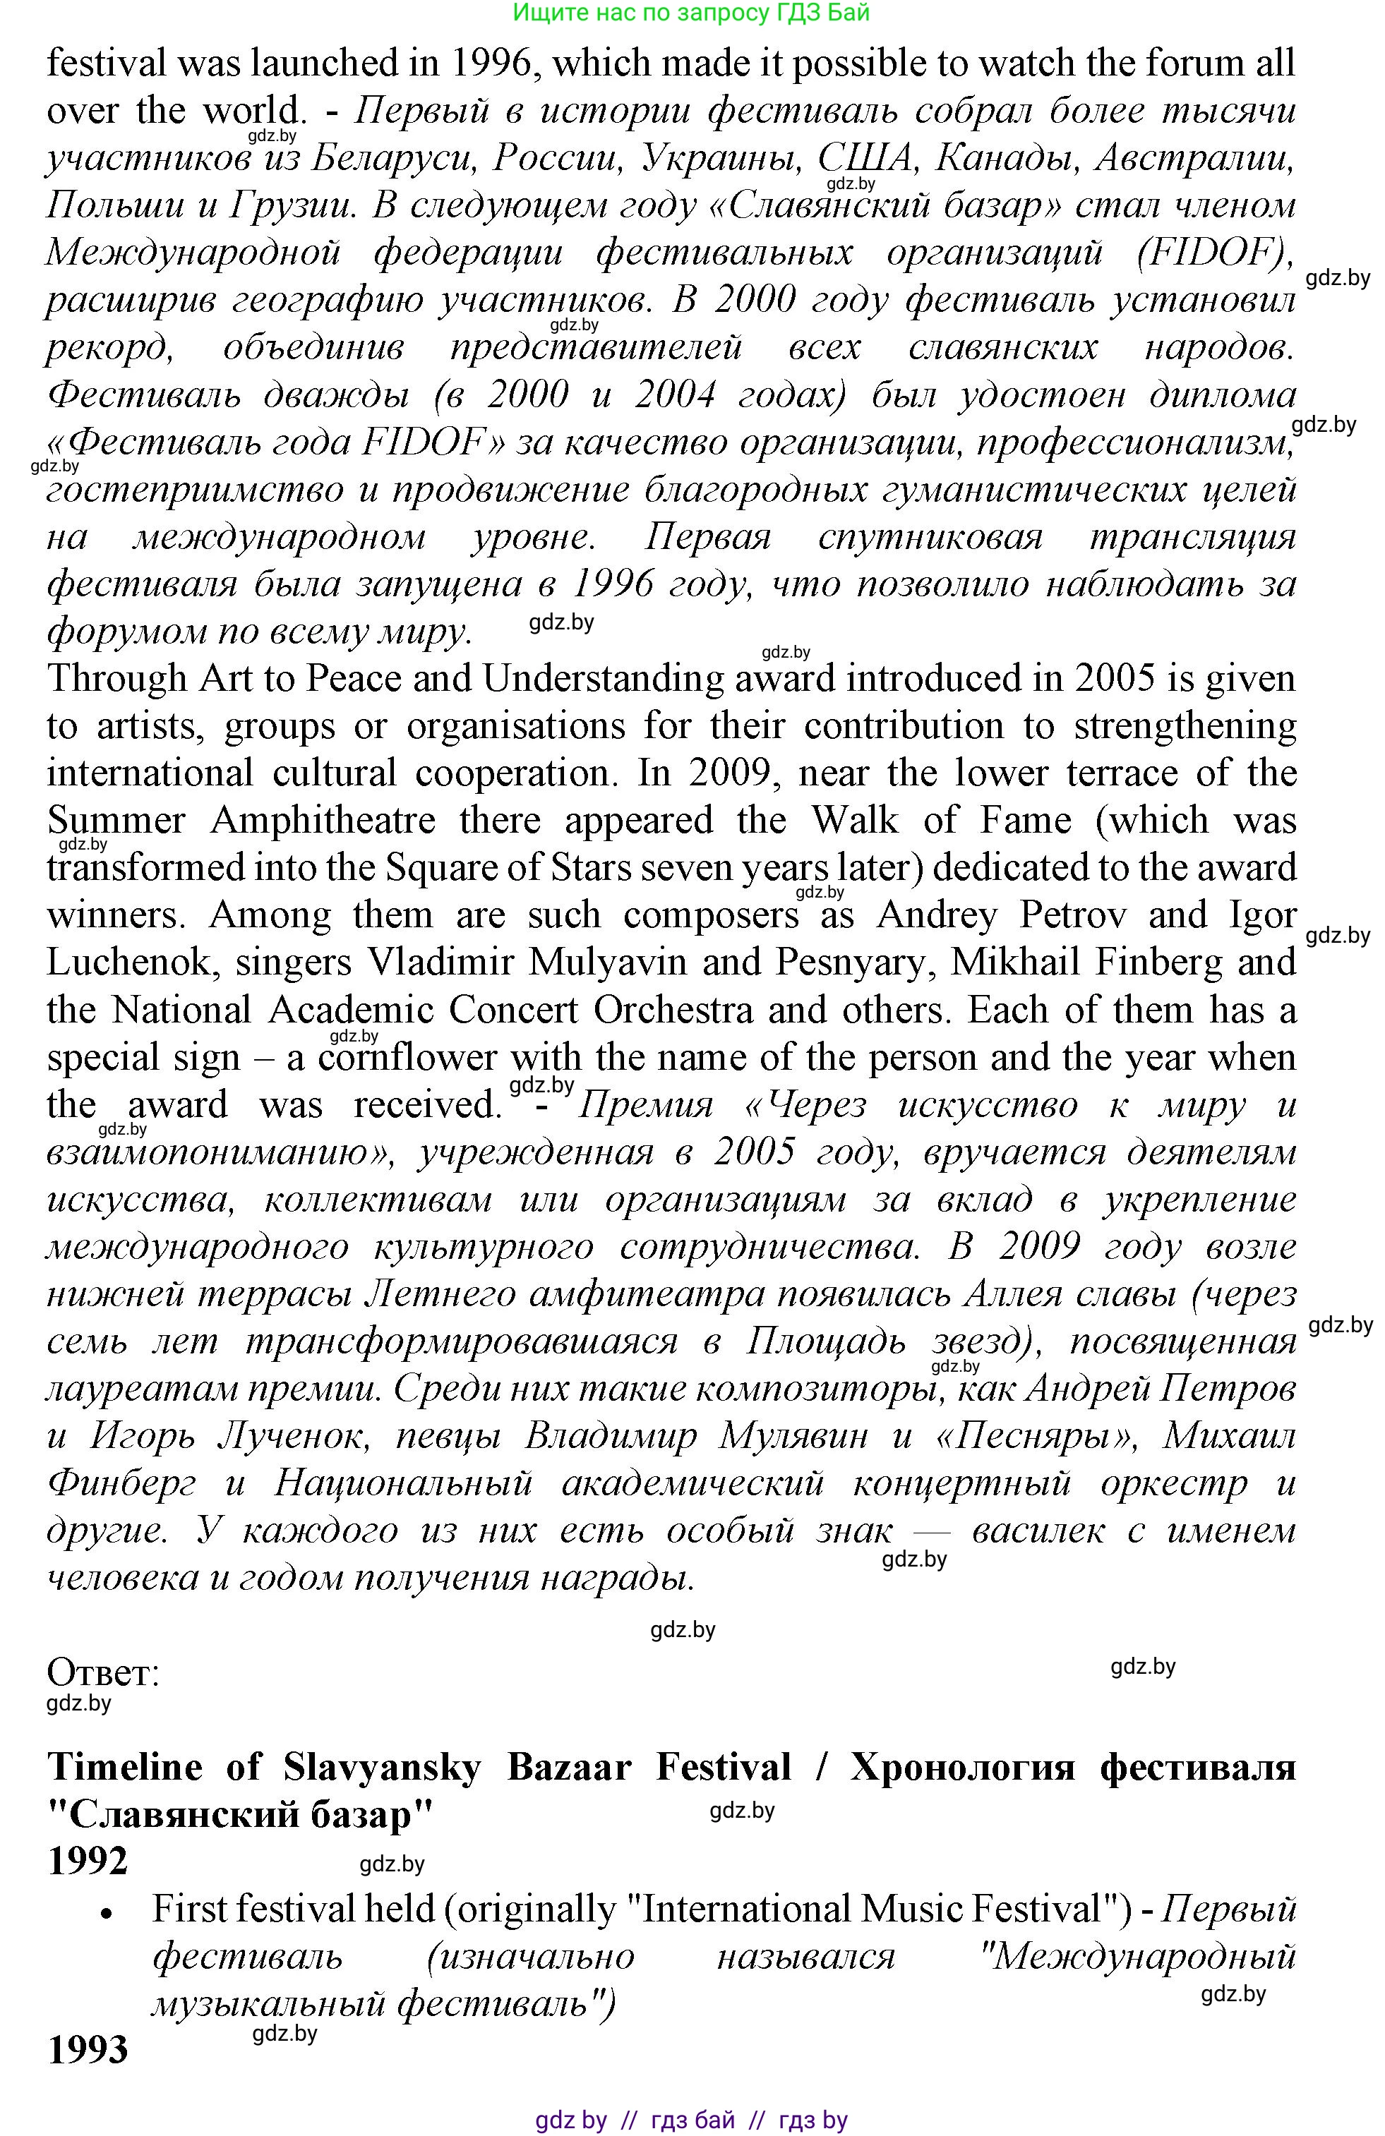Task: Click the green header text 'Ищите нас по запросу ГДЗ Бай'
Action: pyautogui.click(x=691, y=13)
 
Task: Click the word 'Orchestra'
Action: pyautogui.click(x=673, y=1010)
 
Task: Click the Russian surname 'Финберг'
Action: pyautogui.click(x=121, y=1483)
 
